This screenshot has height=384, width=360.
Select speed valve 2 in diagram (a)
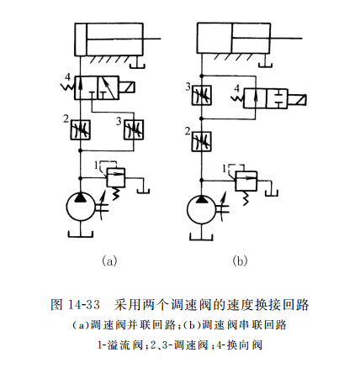click(81, 130)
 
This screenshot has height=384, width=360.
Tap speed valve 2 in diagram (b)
click(202, 139)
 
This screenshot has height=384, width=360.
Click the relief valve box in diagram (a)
click(116, 176)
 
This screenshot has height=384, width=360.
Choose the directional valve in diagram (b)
click(266, 98)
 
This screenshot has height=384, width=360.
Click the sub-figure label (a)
click(108, 261)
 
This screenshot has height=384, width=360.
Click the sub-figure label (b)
click(240, 261)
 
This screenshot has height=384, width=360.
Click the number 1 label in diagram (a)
click(98, 163)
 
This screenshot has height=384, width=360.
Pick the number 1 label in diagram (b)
click(224, 168)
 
